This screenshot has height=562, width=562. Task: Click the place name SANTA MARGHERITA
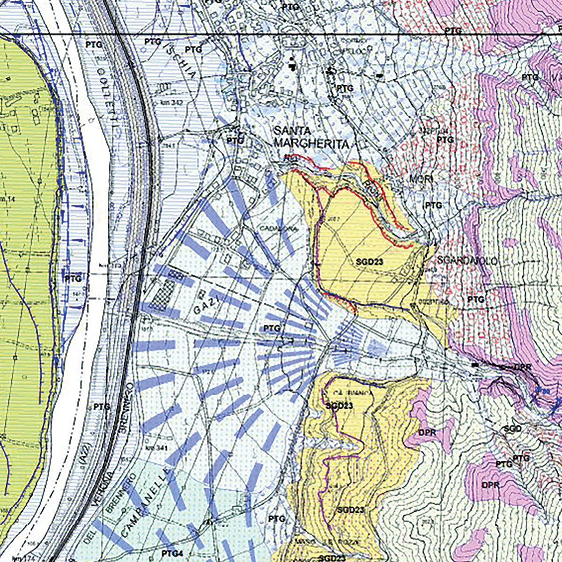click(311, 137)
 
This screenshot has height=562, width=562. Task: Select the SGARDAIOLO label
click(461, 260)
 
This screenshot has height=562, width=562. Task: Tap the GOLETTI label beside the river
click(108, 101)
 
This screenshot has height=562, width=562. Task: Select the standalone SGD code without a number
click(513, 429)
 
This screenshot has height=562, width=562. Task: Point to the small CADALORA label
click(278, 229)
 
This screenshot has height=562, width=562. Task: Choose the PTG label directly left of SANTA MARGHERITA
click(235, 140)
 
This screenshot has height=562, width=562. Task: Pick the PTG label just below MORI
click(433, 205)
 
